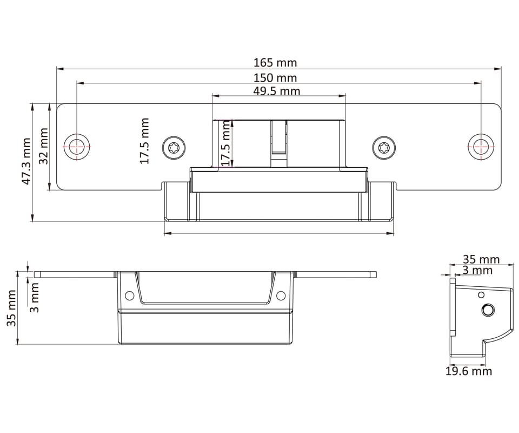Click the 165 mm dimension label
(x=275, y=62)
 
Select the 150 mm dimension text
(x=275, y=78)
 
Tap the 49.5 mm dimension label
(x=277, y=91)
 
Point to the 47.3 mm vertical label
(x=26, y=161)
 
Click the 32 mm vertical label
(x=43, y=146)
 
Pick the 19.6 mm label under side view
(x=468, y=371)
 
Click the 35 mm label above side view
(x=481, y=259)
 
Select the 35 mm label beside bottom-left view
(x=11, y=308)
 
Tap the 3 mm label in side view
(x=477, y=270)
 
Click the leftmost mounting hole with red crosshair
(x=77, y=146)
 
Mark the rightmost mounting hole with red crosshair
(x=481, y=146)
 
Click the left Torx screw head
(x=174, y=147)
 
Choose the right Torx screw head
(x=384, y=147)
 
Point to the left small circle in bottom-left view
(x=130, y=296)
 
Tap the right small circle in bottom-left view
(x=281, y=296)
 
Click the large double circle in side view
(x=488, y=310)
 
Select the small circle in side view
(x=481, y=294)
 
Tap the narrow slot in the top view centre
(x=279, y=138)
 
